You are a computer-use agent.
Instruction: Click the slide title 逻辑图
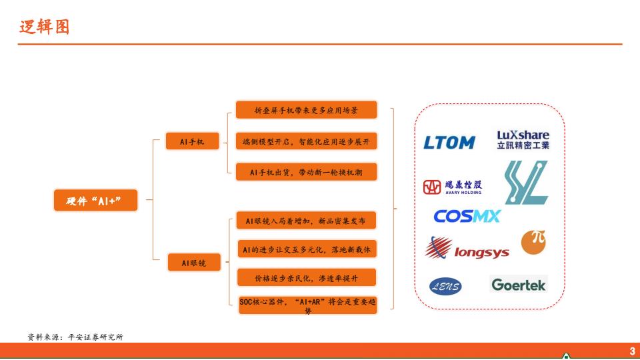click(x=44, y=27)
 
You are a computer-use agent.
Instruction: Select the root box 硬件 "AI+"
click(x=96, y=200)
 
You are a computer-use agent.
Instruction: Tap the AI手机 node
click(x=192, y=141)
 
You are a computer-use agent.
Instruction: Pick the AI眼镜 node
click(x=193, y=263)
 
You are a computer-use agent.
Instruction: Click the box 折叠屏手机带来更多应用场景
click(x=306, y=110)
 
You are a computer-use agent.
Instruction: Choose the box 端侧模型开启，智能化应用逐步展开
click(x=306, y=141)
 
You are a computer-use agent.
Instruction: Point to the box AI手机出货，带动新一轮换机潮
click(x=306, y=172)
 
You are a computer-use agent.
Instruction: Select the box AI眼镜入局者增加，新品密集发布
click(x=306, y=221)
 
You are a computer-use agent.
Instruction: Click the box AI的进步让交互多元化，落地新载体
click(x=306, y=249)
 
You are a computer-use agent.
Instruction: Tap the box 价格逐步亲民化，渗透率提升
click(x=306, y=277)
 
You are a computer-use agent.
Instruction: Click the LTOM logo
click(x=449, y=143)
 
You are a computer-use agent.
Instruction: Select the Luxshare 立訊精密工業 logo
click(x=523, y=140)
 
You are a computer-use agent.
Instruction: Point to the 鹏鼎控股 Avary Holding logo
click(x=453, y=187)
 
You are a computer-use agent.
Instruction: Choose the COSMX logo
click(x=467, y=216)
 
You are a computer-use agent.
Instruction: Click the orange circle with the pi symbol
click(x=533, y=242)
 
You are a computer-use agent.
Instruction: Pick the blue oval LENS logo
click(x=445, y=287)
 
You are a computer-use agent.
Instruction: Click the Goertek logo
click(x=519, y=285)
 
